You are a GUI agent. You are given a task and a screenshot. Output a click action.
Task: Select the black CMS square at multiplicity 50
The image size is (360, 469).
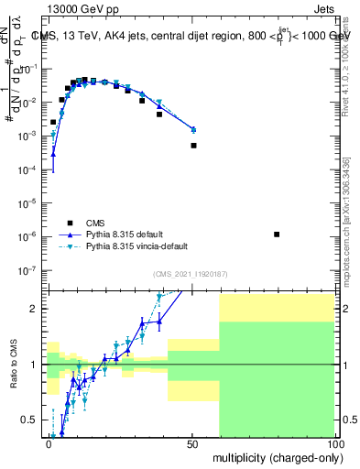click(x=193, y=146)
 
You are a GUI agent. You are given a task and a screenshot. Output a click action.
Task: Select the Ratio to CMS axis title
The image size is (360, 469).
click(x=12, y=364)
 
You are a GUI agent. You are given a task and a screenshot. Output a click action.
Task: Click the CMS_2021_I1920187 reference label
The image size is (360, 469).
click(x=191, y=274)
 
